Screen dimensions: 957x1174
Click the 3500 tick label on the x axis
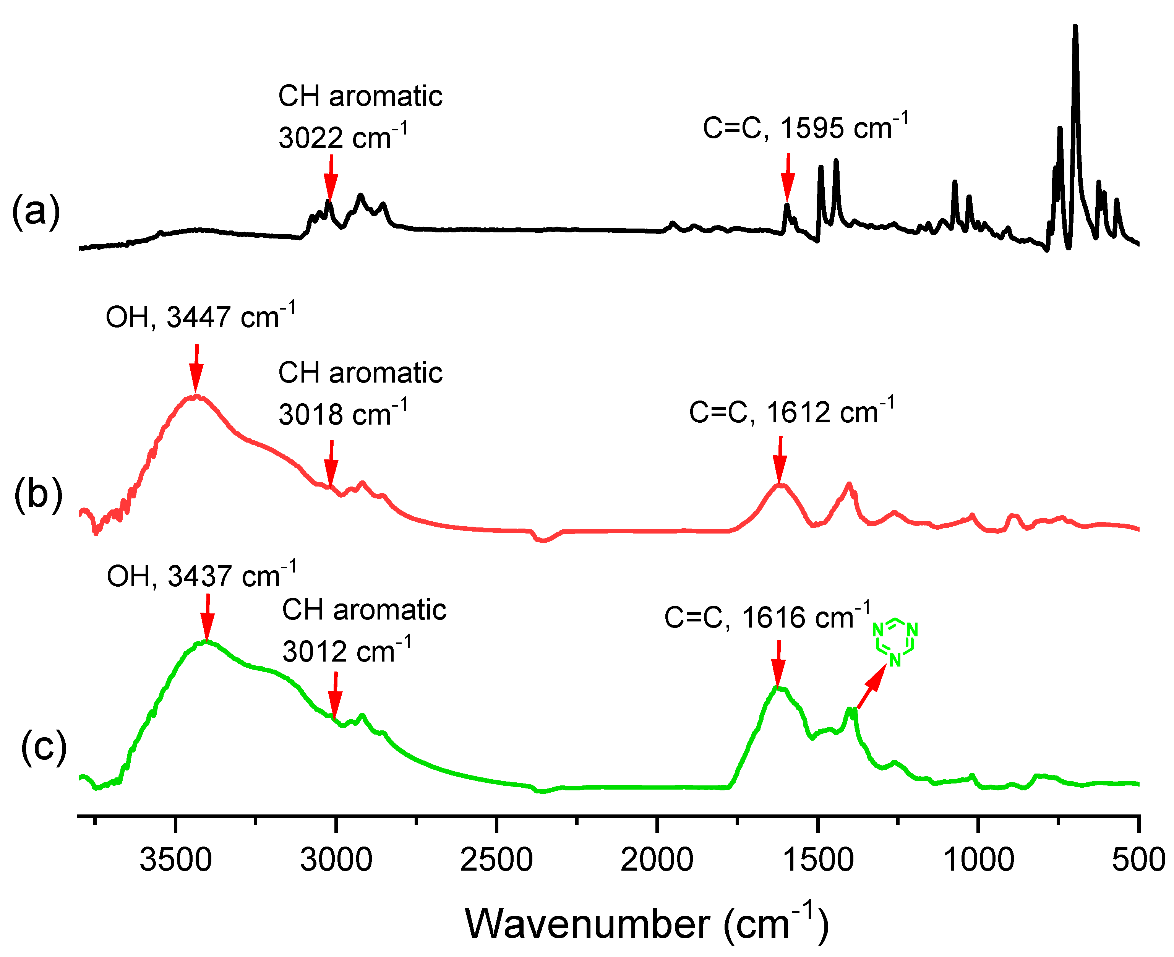(x=175, y=860)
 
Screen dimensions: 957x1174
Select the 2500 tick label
(x=496, y=860)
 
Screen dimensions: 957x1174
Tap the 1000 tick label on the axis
(x=978, y=860)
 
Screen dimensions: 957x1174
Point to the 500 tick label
(x=1138, y=860)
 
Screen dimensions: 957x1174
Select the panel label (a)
(x=36, y=211)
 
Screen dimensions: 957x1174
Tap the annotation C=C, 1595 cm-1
(x=805, y=127)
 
